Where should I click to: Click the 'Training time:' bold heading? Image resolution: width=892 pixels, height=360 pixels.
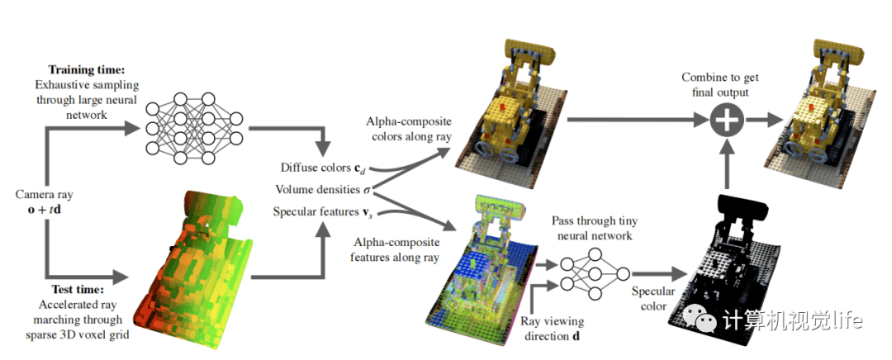[x=87, y=70]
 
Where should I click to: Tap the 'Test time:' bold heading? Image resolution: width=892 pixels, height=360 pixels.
[x=75, y=291]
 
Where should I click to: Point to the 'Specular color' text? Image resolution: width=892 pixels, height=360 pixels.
[x=654, y=299]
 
